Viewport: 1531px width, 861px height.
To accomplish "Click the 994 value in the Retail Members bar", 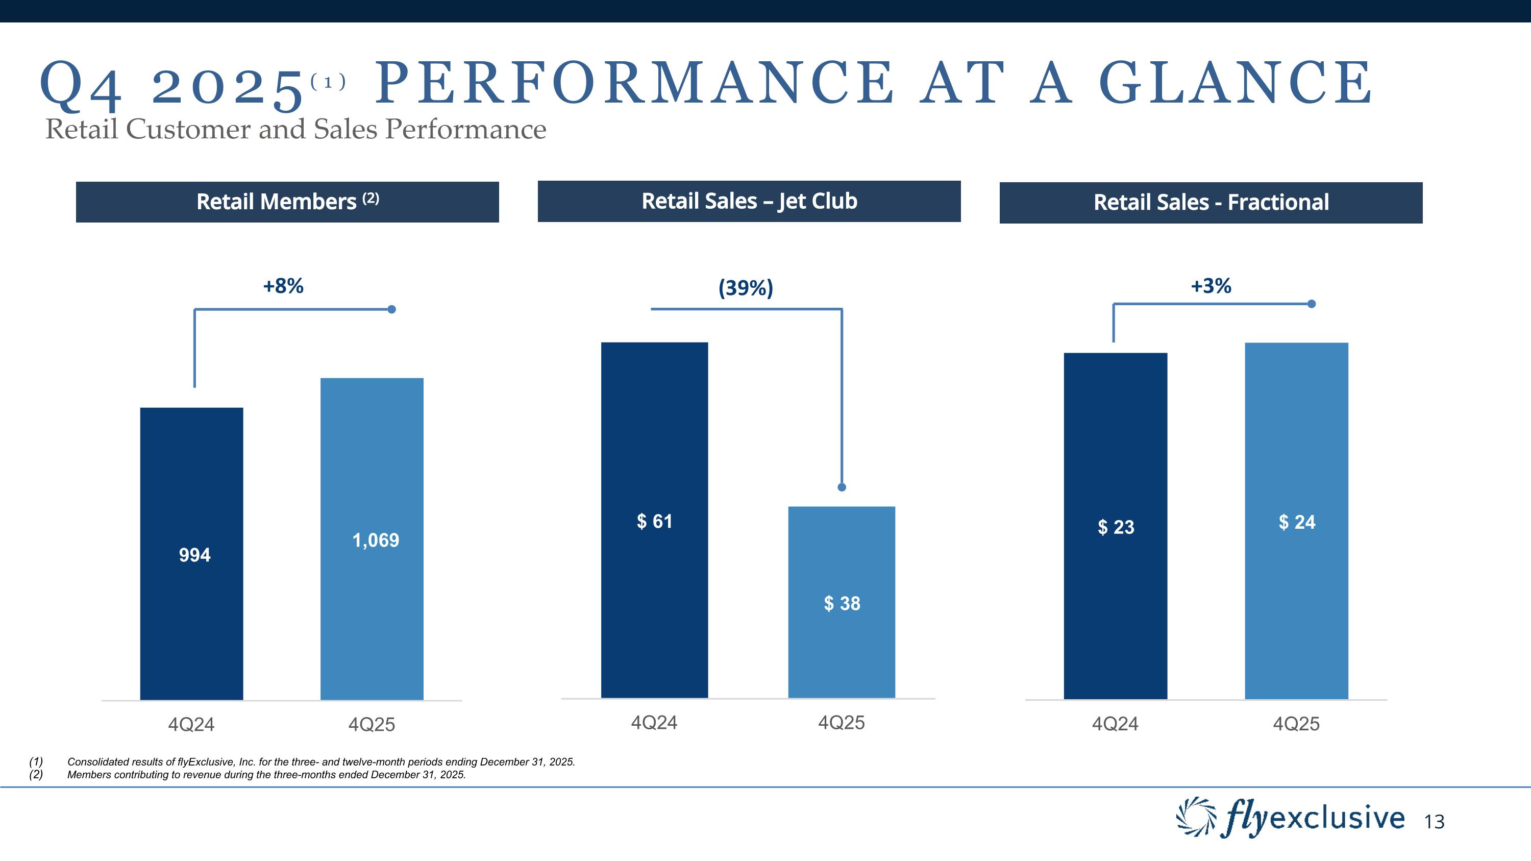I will point(194,555).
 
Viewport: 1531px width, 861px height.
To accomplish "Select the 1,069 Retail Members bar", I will point(372,538).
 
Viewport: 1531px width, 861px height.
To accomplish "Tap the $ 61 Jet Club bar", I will point(654,521).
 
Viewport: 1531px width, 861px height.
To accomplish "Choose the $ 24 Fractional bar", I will point(1297,522).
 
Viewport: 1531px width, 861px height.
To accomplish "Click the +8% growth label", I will point(284,286).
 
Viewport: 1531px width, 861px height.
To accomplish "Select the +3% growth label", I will point(1211,286).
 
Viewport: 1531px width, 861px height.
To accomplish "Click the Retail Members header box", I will point(287,202).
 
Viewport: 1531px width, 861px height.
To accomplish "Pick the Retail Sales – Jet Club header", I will point(749,202).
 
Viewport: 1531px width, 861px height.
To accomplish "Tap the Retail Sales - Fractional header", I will point(1211,203).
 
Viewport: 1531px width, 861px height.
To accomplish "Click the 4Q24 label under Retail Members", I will point(191,724).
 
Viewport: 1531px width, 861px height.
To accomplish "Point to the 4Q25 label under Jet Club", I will point(842,723).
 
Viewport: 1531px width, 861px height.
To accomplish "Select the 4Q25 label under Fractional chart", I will point(1296,724).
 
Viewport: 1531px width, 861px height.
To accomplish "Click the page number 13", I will point(1434,822).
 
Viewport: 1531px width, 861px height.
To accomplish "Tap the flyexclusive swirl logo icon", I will point(1196,817).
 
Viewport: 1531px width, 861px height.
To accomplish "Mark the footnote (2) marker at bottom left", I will point(36,775).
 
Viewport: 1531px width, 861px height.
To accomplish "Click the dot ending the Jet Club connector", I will point(842,487).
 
